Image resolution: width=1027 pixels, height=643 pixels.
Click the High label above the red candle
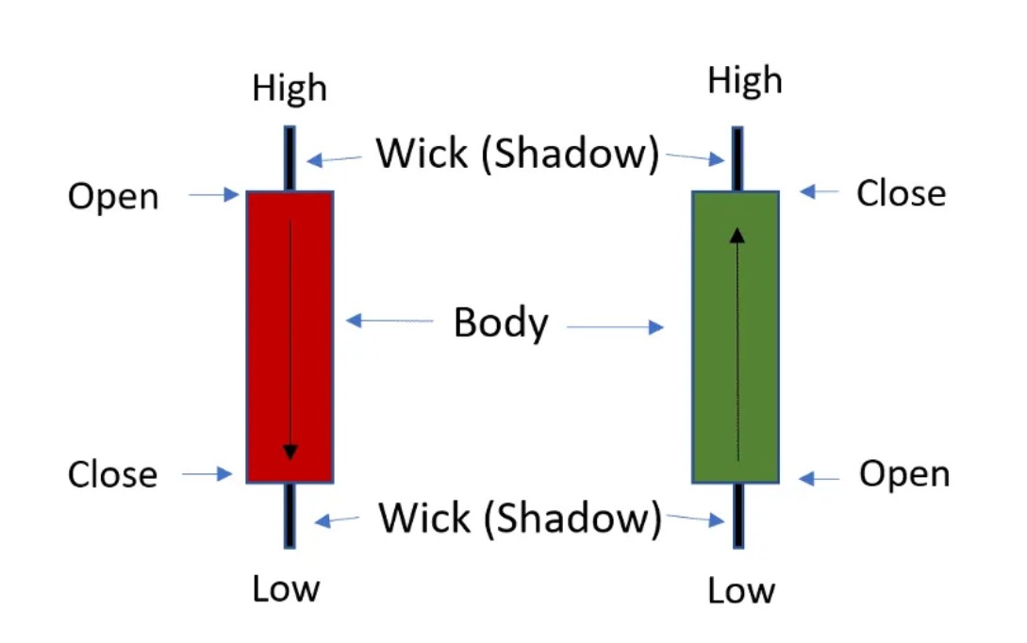(x=290, y=89)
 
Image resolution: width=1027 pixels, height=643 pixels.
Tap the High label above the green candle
(x=745, y=81)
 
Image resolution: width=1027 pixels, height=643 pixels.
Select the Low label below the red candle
(x=287, y=588)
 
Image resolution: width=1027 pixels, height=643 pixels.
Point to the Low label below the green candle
(x=741, y=590)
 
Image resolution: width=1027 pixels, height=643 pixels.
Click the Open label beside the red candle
(x=113, y=196)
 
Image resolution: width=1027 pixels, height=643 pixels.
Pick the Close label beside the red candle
(x=112, y=474)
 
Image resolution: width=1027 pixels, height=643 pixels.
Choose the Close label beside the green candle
(x=902, y=193)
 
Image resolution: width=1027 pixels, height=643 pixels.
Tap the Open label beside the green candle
(x=904, y=474)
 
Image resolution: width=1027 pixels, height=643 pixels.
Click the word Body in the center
(x=501, y=322)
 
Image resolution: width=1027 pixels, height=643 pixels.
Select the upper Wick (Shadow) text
(x=518, y=154)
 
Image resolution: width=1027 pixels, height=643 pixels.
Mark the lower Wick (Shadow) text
(x=520, y=518)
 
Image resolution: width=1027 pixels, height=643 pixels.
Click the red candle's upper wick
(x=290, y=158)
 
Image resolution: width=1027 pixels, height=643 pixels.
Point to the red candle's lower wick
(x=290, y=516)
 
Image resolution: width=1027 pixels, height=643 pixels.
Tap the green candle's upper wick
(x=737, y=159)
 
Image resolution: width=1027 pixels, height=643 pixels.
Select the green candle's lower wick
(x=738, y=516)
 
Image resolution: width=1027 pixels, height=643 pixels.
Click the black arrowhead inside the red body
(x=290, y=452)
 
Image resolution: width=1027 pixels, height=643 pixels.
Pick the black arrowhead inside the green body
(x=737, y=236)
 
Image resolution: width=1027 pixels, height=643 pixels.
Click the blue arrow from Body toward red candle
(x=389, y=321)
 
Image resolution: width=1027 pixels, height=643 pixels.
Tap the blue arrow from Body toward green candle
(x=615, y=327)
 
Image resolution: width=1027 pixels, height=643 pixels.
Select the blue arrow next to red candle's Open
(x=213, y=194)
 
